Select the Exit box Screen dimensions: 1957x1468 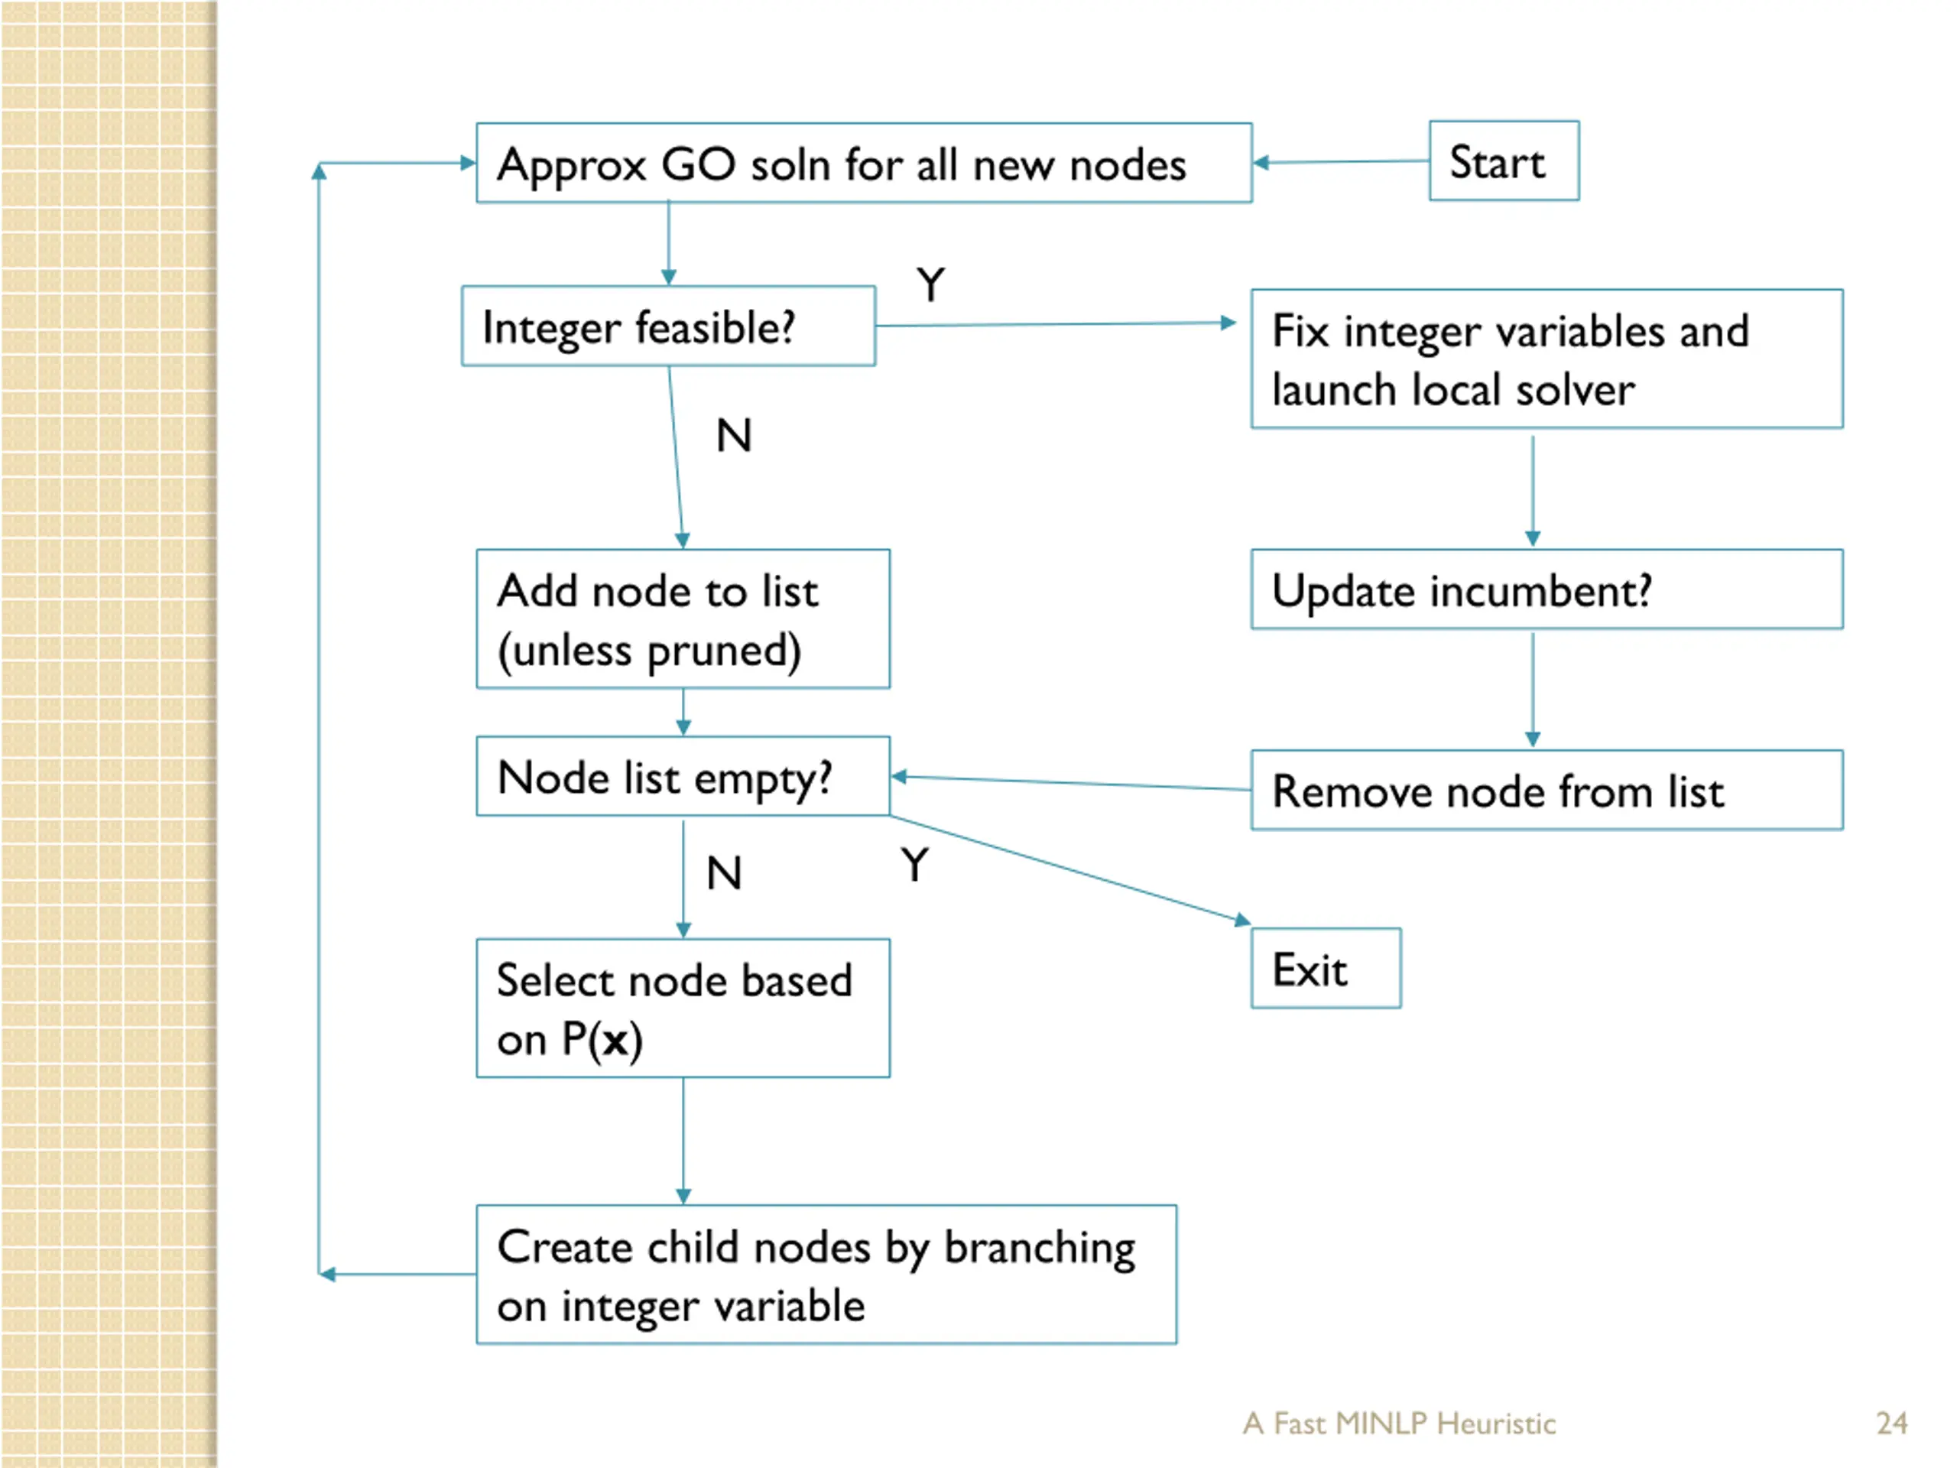coord(1326,968)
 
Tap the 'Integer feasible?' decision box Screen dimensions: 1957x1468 coord(669,326)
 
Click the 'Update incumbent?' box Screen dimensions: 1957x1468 coord(1546,589)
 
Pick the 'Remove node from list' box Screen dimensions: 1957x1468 coord(1546,790)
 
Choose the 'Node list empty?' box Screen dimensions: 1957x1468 coord(683,776)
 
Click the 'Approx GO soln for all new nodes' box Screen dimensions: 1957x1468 coord(864,163)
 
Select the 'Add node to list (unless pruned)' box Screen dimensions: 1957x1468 coord(683,619)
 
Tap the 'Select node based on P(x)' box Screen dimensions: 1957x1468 coord(683,1008)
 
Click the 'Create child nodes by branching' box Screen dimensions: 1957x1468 coord(826,1275)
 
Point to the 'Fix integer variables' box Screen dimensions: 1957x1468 coord(1546,359)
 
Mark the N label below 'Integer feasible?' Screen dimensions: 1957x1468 coord(733,435)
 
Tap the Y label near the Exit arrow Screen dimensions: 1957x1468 coord(916,865)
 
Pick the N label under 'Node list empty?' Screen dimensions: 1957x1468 coord(724,873)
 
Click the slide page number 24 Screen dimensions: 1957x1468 coord(1891,1423)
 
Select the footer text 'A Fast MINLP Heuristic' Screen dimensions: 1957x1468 coord(1399,1423)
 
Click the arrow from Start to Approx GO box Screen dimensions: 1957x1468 coord(1342,162)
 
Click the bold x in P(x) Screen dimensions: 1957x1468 coord(615,1041)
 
